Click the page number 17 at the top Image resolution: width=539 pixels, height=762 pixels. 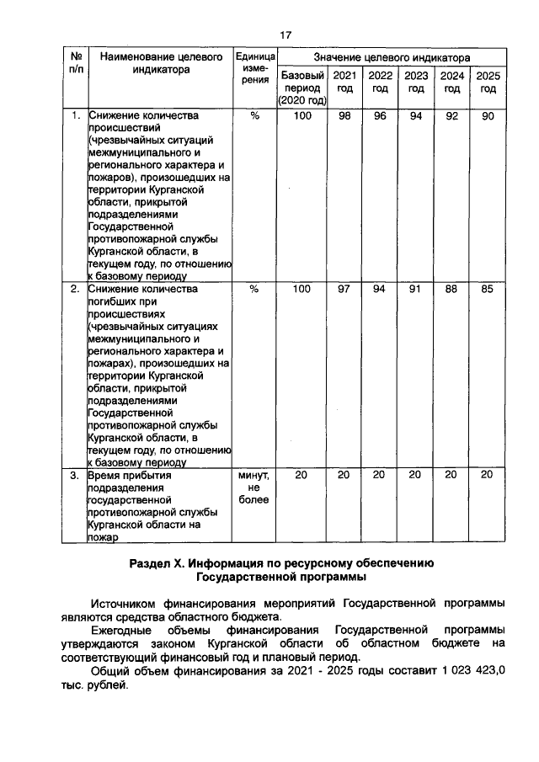(285, 35)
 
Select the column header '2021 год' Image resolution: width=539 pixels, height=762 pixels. (344, 82)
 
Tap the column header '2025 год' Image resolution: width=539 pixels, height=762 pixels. (488, 82)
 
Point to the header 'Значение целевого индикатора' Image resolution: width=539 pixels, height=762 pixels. (392, 57)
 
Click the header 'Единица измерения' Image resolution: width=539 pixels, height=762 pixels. (255, 70)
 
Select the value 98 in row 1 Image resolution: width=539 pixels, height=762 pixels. (344, 116)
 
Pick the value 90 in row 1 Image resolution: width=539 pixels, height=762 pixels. (488, 116)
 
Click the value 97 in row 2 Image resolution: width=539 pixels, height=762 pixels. (344, 290)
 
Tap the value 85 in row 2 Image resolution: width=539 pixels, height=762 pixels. (488, 290)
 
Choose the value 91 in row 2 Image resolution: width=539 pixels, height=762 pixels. (415, 290)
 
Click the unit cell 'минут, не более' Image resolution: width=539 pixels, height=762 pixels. (255, 488)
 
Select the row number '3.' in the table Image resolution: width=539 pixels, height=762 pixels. (74, 475)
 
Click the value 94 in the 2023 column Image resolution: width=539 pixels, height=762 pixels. (415, 116)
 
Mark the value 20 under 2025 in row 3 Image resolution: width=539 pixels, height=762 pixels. (488, 475)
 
